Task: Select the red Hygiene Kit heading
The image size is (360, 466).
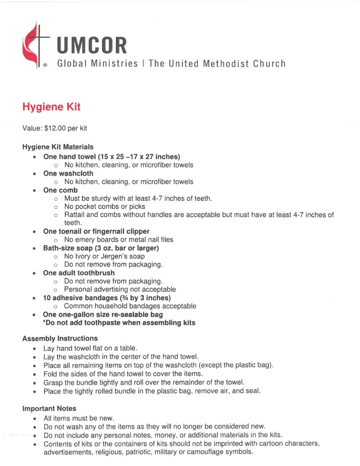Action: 51,107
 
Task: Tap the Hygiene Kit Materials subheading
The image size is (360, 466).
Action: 58,147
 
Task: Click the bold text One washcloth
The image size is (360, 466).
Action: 68,173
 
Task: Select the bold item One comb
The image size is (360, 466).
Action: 61,190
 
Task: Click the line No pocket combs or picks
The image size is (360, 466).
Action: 105,207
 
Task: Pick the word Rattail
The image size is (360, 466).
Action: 75,215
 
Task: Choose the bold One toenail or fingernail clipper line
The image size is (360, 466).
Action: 96,231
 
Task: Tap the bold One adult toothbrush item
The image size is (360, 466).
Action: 79,273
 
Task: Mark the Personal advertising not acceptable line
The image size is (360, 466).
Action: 120,289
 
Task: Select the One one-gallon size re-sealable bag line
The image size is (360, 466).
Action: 103,314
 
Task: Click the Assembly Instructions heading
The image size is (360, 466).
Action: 60,339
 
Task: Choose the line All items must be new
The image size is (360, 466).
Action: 79,418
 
